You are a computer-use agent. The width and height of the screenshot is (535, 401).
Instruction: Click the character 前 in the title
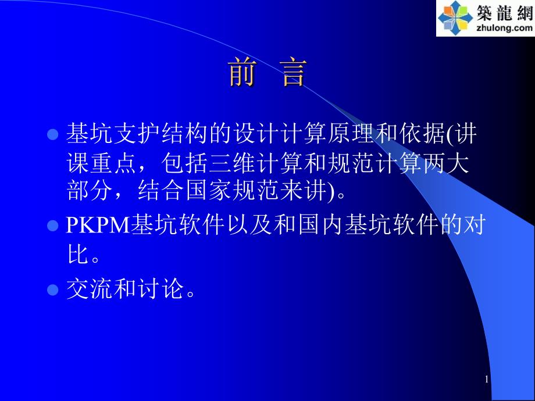click(x=242, y=73)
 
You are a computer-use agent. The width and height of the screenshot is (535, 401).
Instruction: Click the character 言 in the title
click(x=294, y=73)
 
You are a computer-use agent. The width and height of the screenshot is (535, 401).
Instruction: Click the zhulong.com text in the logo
click(x=504, y=27)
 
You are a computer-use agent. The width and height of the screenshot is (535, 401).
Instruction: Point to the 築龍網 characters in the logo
click(x=505, y=13)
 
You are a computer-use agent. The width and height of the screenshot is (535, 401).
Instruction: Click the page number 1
click(x=487, y=379)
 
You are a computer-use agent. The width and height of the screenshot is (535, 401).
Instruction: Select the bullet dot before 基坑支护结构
click(x=52, y=134)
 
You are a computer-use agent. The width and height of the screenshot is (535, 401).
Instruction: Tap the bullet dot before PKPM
click(x=52, y=225)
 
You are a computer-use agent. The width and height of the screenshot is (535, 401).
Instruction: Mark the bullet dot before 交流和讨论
click(x=52, y=289)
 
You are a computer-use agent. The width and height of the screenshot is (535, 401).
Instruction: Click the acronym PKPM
click(x=98, y=225)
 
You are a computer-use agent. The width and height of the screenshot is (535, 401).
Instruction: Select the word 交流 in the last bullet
click(x=90, y=289)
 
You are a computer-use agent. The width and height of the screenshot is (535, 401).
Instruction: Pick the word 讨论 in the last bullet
click(x=160, y=289)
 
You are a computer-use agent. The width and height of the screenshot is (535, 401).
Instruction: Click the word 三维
click(x=232, y=162)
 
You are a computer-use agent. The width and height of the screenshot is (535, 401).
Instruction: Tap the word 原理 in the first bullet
click(x=351, y=133)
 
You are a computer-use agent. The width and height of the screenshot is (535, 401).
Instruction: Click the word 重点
click(x=113, y=162)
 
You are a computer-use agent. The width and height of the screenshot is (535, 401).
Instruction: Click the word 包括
click(x=184, y=162)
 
